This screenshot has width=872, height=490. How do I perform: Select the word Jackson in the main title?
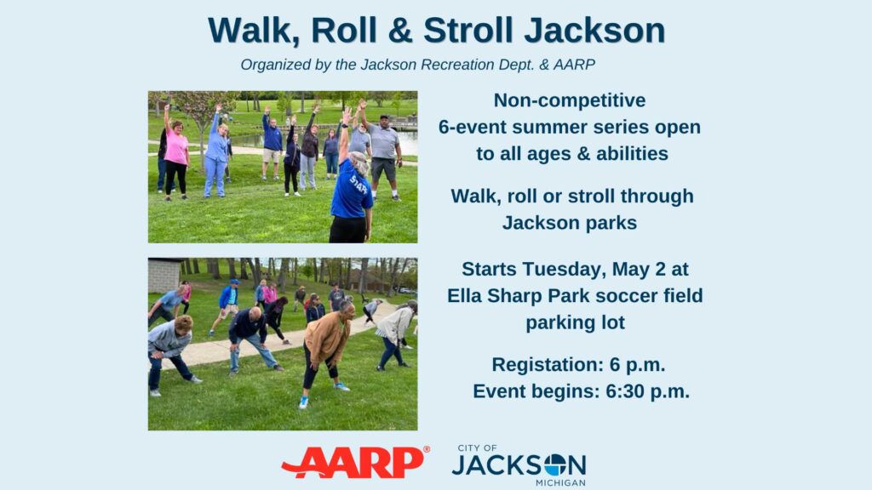click(594, 31)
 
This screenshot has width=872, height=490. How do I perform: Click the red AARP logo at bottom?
click(353, 463)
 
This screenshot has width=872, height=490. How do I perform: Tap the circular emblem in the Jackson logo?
click(555, 465)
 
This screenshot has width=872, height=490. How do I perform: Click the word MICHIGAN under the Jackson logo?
click(559, 482)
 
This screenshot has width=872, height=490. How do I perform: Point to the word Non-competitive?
click(569, 100)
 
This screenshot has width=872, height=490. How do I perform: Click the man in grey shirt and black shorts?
click(384, 149)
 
